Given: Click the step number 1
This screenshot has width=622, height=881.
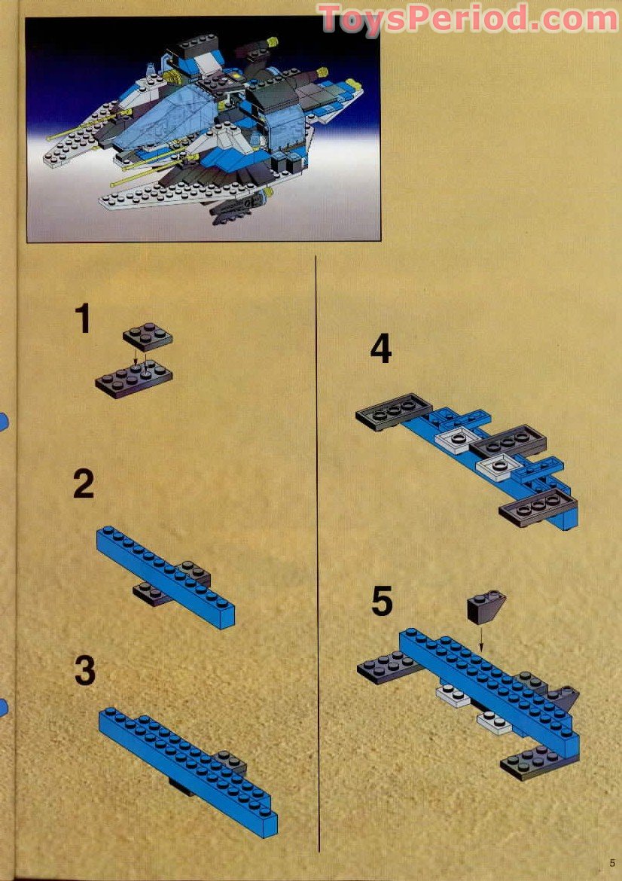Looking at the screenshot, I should pyautogui.click(x=83, y=319).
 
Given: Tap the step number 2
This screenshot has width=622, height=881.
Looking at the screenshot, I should pyautogui.click(x=84, y=484).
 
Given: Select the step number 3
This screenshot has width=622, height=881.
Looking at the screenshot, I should pyautogui.click(x=84, y=670).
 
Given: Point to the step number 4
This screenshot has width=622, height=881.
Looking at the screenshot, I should pyautogui.click(x=381, y=349).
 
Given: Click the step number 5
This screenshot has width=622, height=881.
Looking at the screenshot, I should pyautogui.click(x=382, y=602).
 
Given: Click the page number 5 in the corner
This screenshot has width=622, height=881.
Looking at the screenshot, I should pyautogui.click(x=612, y=863).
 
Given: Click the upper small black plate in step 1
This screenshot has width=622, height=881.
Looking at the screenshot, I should pyautogui.click(x=148, y=336).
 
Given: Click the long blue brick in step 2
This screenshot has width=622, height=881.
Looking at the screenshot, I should pyautogui.click(x=166, y=576).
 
